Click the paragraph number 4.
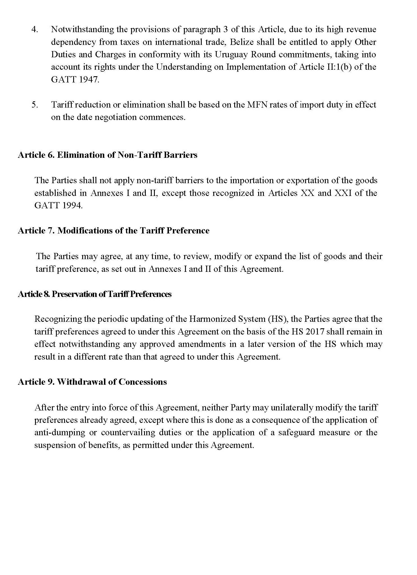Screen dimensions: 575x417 click(x=34, y=30)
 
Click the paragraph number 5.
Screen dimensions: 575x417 click(x=34, y=105)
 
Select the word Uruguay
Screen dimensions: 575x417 click(x=229, y=54)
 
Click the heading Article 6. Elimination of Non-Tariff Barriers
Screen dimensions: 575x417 click(x=107, y=155)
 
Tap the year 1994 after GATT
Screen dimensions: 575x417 click(x=72, y=205)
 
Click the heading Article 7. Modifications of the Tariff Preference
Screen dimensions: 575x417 click(x=114, y=231)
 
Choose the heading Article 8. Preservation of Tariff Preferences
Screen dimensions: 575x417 click(x=95, y=294)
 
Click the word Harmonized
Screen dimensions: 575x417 click(x=211, y=319)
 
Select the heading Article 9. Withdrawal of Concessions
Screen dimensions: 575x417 click(x=92, y=382)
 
